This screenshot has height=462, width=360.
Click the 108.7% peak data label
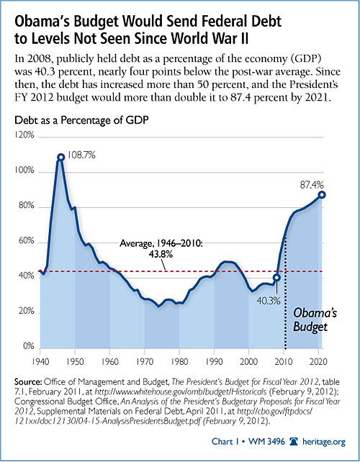[81, 155]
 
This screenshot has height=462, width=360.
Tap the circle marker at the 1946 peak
[60, 158]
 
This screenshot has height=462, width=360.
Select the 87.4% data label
[312, 185]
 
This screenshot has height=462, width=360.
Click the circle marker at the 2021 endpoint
[322, 195]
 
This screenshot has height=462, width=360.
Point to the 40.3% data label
[269, 301]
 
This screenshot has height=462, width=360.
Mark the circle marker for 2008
[276, 278]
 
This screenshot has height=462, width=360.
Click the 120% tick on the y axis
[24, 135]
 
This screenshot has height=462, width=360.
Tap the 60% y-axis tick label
[26, 241]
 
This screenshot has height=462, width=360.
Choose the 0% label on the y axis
[28, 346]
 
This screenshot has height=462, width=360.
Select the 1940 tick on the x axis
[40, 361]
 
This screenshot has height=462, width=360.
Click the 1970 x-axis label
[145, 361]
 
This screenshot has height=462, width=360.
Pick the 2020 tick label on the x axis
[318, 361]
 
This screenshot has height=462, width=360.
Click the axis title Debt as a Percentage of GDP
[81, 120]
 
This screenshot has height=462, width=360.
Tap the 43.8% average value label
[161, 254]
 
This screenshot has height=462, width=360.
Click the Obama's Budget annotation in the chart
[315, 320]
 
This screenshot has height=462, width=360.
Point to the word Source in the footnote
[28, 382]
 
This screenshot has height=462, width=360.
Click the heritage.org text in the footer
[323, 442]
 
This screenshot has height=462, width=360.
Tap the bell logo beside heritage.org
[294, 441]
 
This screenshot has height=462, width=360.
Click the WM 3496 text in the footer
[266, 441]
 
